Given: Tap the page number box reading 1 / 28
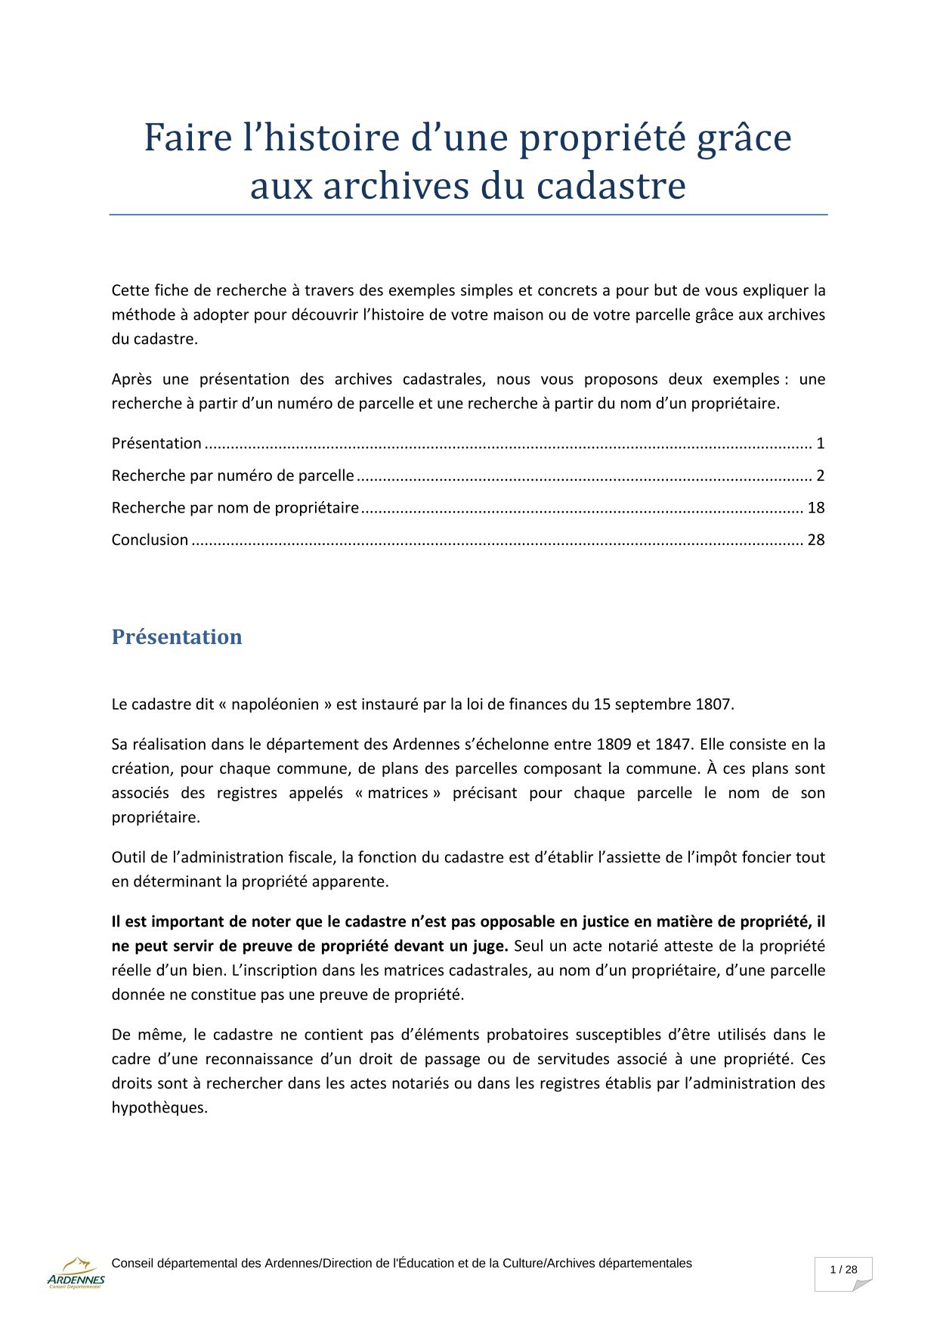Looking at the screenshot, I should pyautogui.click(x=843, y=1270).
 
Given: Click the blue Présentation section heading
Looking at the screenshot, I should pyautogui.click(x=177, y=636).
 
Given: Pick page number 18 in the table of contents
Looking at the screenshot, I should pyautogui.click(x=816, y=507).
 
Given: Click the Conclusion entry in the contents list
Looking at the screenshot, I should pyautogui.click(x=150, y=540).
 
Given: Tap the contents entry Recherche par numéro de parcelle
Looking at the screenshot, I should pyautogui.click(x=233, y=475).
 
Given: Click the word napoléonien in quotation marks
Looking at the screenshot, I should pyautogui.click(x=275, y=704).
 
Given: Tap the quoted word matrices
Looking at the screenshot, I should pyautogui.click(x=397, y=793).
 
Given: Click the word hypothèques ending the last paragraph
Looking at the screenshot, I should pyautogui.click(x=159, y=1107).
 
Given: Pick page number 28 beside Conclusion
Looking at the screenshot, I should pyautogui.click(x=816, y=540).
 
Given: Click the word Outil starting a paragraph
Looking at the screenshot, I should pyautogui.click(x=129, y=857).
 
